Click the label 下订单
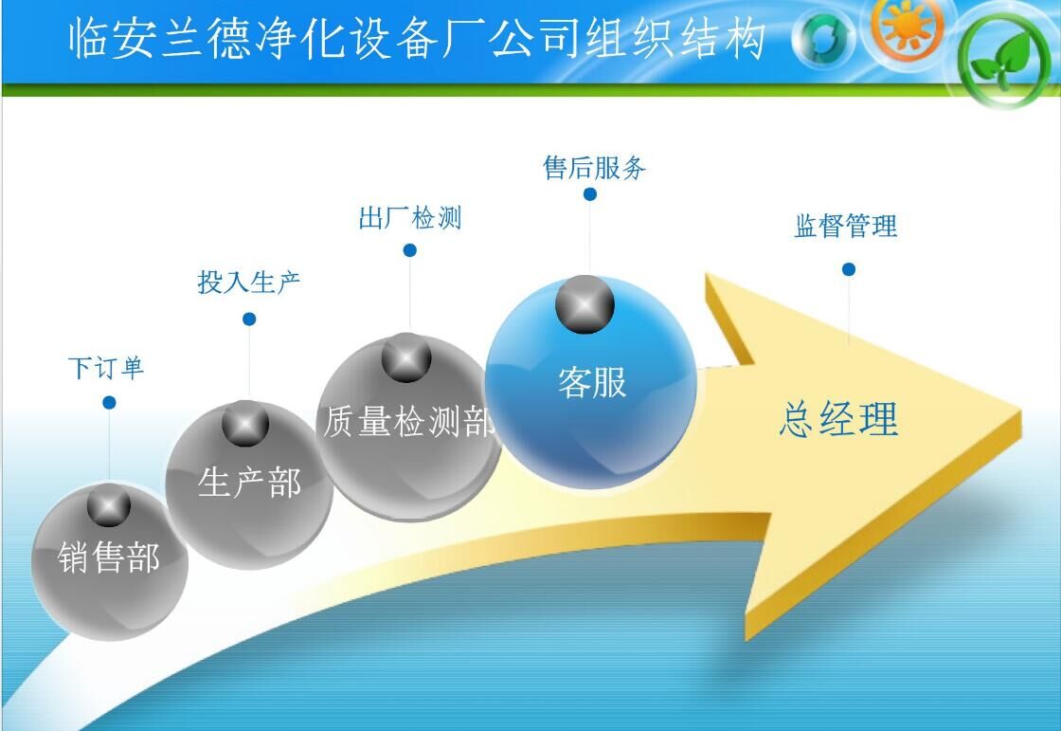[106, 368]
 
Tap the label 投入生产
[248, 282]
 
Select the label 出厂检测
[410, 217]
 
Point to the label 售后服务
[594, 167]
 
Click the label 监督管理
[846, 226]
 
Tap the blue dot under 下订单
[109, 402]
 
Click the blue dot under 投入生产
[249, 319]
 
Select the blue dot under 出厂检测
[409, 250]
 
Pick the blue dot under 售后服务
[590, 194]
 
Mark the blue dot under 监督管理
[849, 269]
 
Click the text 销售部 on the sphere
[109, 557]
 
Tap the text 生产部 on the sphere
[249, 483]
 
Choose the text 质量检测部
[408, 421]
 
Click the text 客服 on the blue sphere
[592, 382]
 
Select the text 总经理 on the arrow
[839, 419]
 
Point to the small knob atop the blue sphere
[584, 304]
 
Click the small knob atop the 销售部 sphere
[108, 505]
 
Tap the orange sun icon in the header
[908, 27]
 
